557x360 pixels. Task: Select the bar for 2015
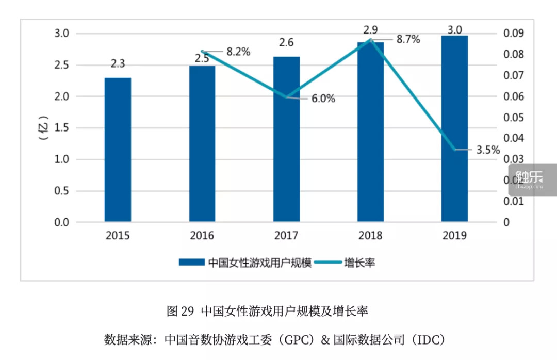[x=118, y=150]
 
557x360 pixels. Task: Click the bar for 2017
[x=286, y=139]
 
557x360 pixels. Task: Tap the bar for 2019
[x=454, y=129]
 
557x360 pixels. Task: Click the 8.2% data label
[x=238, y=52]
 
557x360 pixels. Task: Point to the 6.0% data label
[x=322, y=99]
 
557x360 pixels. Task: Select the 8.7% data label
[x=408, y=39]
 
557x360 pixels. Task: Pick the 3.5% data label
[x=487, y=150]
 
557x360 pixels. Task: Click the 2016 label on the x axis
[x=202, y=236]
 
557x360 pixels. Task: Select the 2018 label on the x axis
[x=370, y=236]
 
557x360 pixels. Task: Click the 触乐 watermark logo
[x=532, y=178]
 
